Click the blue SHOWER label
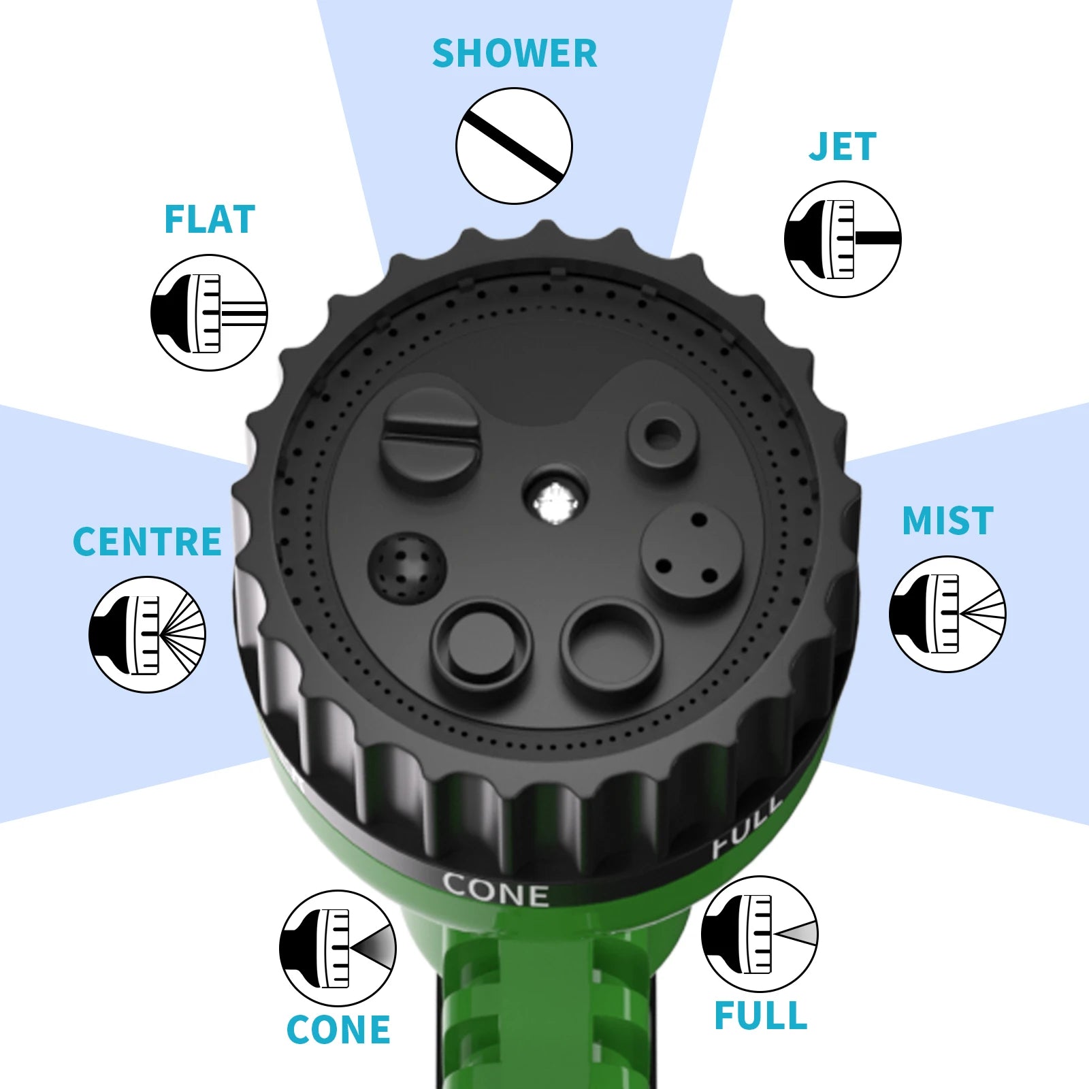coord(515,53)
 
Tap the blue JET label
coord(843,146)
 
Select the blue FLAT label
coord(210,219)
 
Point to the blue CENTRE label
coord(147,542)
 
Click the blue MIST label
coord(947,521)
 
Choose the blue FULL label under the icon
coord(761,1016)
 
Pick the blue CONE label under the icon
coord(338,1029)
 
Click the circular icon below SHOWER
coord(514,146)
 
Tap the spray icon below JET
coord(843,239)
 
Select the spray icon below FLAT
coord(209,312)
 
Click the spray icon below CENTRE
coord(147,634)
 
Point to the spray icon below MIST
coord(947,614)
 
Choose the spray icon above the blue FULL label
coord(760,934)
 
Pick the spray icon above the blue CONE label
coord(338,948)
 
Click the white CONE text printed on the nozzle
coord(495,890)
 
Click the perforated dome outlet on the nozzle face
coord(407,566)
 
